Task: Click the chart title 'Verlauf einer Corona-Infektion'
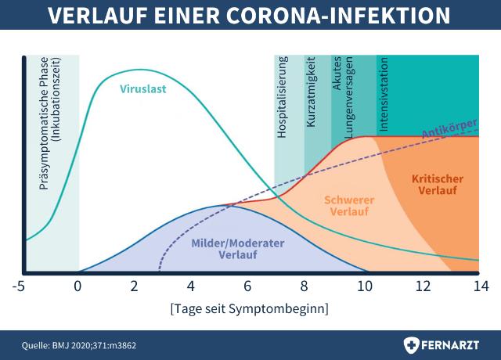pos(250,17)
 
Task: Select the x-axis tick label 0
pos(77,286)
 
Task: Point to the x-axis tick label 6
pos(249,286)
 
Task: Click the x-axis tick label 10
pos(364,286)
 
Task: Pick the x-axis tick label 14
pos(478,286)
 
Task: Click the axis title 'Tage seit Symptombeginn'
pos(249,308)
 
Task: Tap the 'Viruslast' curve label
pos(143,88)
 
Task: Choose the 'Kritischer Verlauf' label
pos(437,185)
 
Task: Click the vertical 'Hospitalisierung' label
pos(283,96)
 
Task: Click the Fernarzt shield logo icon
pos(411,344)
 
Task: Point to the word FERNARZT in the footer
pos(452,344)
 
